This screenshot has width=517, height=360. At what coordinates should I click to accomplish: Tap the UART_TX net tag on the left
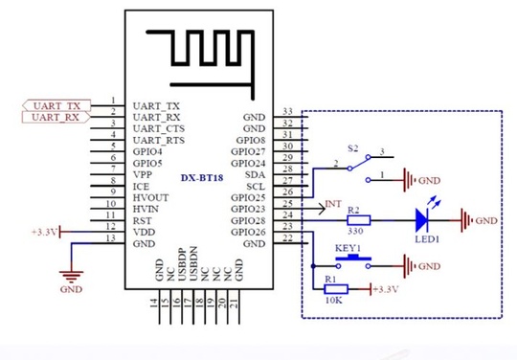point(51,104)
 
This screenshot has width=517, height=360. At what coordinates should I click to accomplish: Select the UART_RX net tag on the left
point(51,117)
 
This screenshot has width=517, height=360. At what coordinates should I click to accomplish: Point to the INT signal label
point(332,204)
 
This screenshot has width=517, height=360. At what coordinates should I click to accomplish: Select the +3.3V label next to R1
point(385,289)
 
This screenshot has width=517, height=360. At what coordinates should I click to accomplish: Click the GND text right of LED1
point(486,220)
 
